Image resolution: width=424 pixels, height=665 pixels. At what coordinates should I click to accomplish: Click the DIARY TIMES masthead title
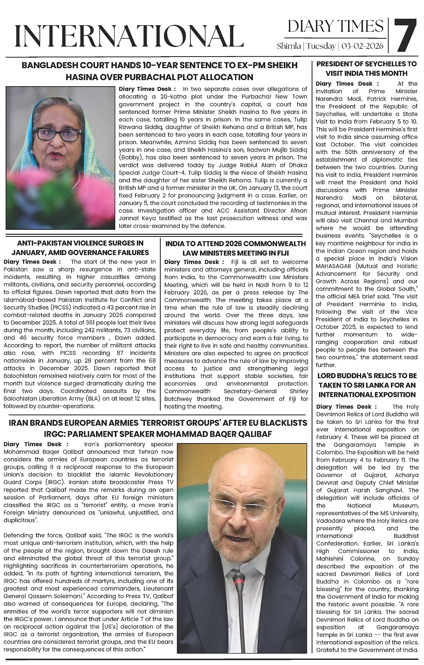point(335,26)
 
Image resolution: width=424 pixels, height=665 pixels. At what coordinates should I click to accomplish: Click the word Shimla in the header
point(289,46)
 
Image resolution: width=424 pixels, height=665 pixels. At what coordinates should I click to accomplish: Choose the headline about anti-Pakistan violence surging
point(80,248)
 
